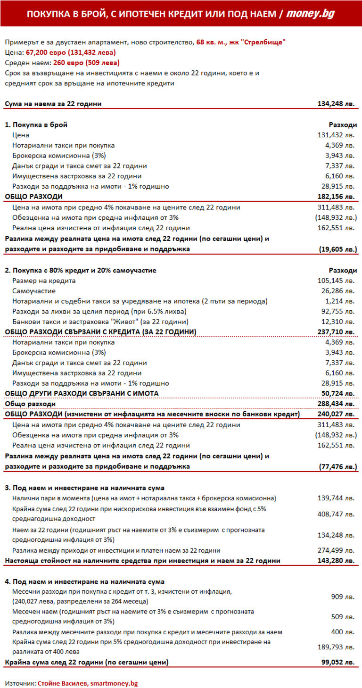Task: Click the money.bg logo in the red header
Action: tap(311, 14)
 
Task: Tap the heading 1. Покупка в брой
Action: tap(36, 125)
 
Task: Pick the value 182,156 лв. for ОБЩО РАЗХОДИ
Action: tap(337, 197)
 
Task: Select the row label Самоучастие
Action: tap(34, 291)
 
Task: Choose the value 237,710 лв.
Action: tap(337, 332)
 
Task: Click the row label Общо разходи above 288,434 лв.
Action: tap(30, 404)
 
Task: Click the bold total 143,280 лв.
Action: tap(337, 561)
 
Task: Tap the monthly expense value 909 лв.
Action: tap(344, 597)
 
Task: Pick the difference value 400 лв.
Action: tap(344, 632)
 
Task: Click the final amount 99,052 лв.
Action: tap(338, 663)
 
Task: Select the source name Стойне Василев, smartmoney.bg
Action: tap(88, 683)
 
